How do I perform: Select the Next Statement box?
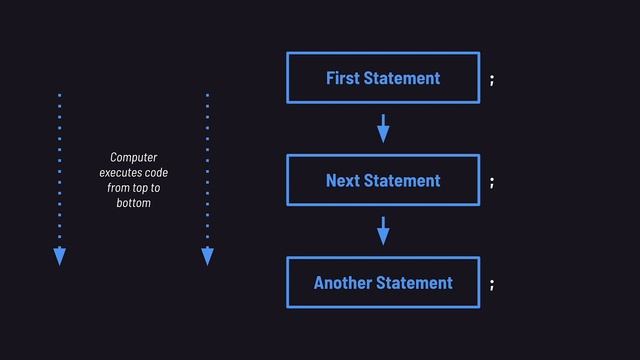383,180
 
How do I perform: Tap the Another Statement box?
383,283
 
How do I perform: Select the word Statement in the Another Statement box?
415,283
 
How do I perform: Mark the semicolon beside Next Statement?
491,182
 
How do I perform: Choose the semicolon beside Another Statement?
491,285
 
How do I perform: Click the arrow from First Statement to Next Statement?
383,128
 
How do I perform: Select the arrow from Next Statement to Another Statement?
383,231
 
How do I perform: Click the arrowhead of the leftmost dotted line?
59,257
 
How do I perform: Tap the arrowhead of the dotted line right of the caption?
207,257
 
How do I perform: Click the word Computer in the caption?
133,158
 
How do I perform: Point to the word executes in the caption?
120,173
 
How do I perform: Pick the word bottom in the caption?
133,203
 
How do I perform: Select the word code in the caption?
156,173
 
